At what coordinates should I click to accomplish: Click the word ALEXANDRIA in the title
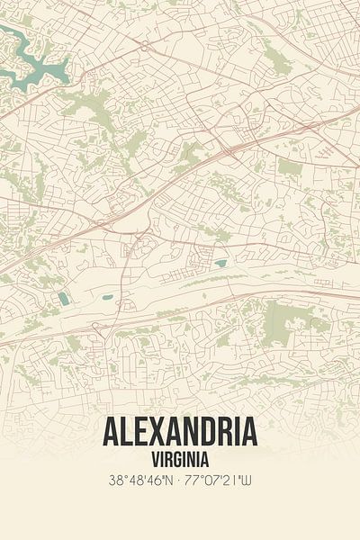(x=180, y=433)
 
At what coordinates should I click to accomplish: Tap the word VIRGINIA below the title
(x=180, y=456)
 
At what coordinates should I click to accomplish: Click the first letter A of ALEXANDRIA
(x=110, y=433)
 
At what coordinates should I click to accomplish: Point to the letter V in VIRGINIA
(x=155, y=456)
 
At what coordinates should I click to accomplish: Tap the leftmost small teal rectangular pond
(x=63, y=299)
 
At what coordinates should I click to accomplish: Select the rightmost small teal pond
(x=220, y=264)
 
